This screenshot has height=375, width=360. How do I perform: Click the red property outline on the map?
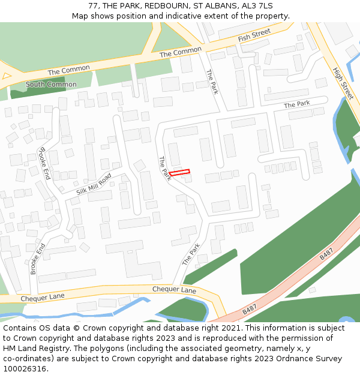pos(179,173)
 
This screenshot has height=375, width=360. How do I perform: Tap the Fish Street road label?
pos(254,35)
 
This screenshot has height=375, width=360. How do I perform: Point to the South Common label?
pos(51,85)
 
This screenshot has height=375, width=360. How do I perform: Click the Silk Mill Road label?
pos(94,184)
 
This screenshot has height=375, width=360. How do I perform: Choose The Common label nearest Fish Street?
pos(181,53)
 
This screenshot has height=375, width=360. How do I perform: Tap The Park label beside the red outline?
pos(165,169)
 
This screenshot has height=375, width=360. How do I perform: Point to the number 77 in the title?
pos(93,6)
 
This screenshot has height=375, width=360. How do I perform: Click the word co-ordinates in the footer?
pos(28,359)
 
